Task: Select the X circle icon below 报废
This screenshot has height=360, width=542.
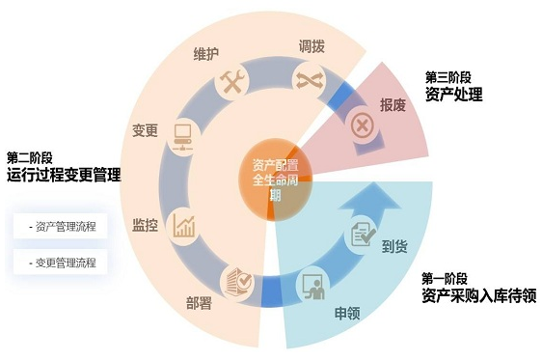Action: click(x=362, y=125)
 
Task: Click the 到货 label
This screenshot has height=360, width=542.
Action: click(x=394, y=246)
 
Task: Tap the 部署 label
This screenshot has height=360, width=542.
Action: click(x=200, y=301)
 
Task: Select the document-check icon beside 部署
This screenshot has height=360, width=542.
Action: click(x=237, y=280)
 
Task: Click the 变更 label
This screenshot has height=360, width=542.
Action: click(x=145, y=130)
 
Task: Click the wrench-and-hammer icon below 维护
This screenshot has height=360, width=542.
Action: click(x=234, y=83)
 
